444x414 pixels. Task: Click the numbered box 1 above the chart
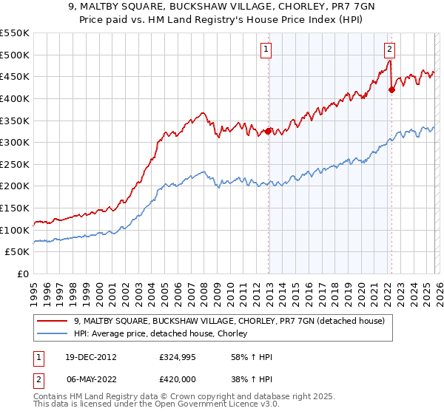266,50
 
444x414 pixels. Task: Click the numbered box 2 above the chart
389,50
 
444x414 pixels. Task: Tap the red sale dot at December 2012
268,132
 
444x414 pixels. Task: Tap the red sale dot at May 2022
391,90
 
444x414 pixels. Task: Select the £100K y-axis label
15,230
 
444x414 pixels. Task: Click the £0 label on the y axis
21,274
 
